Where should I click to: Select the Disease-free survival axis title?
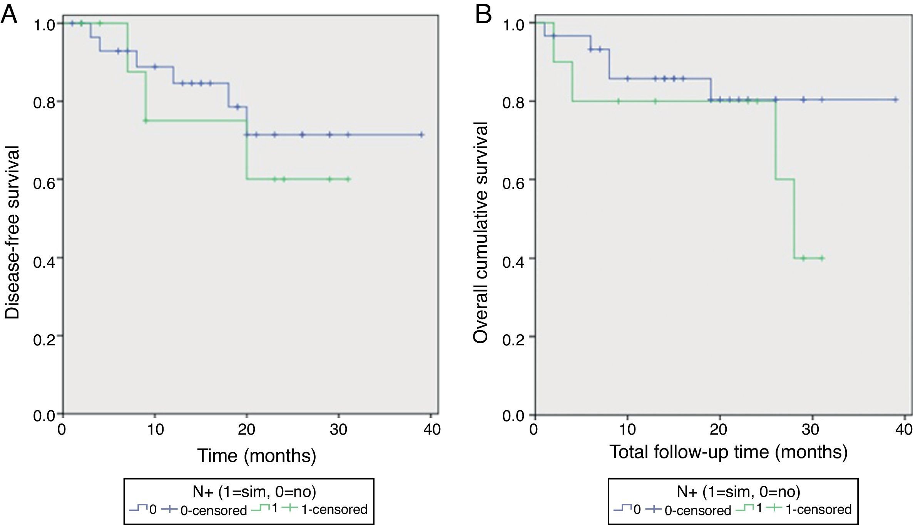click(12, 232)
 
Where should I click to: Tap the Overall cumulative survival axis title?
click(481, 232)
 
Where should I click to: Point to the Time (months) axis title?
click(257, 455)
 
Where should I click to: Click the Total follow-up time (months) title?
click(728, 452)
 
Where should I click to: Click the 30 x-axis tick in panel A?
click(338, 429)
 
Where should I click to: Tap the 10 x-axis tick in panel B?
click(627, 429)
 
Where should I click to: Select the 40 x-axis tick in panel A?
click(431, 429)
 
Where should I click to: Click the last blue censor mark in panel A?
click(421, 135)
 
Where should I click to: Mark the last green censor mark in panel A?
click(348, 179)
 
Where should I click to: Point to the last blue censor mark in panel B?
click(895, 100)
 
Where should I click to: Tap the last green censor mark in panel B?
click(822, 258)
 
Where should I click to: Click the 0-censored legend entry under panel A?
click(213, 510)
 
